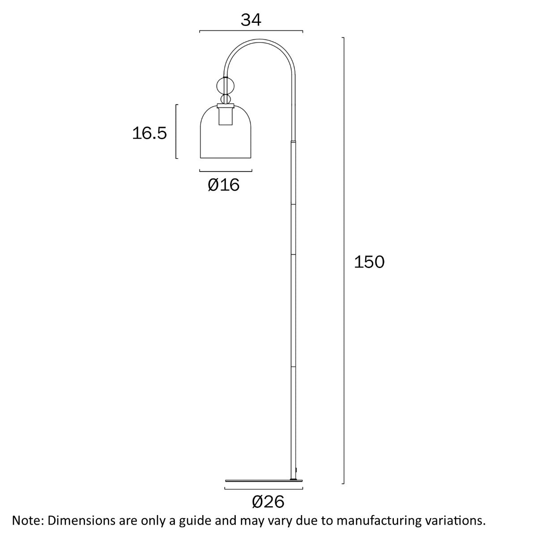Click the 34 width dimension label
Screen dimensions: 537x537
[251, 20]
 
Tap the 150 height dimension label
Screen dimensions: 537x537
[369, 262]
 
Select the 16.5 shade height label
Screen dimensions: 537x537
[149, 133]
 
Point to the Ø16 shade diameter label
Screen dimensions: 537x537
[224, 184]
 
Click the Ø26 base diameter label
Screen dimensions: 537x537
[268, 502]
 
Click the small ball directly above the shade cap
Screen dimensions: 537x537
[226, 99]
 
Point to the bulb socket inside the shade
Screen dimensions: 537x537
[226, 116]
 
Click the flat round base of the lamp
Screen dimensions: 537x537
[264, 481]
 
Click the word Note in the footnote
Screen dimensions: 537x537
[27, 520]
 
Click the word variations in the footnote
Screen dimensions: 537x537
[453, 520]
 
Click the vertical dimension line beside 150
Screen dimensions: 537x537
[344, 260]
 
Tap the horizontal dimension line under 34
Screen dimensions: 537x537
[251, 31]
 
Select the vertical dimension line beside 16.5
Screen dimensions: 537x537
[176, 131]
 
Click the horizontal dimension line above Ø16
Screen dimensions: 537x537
[226, 170]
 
